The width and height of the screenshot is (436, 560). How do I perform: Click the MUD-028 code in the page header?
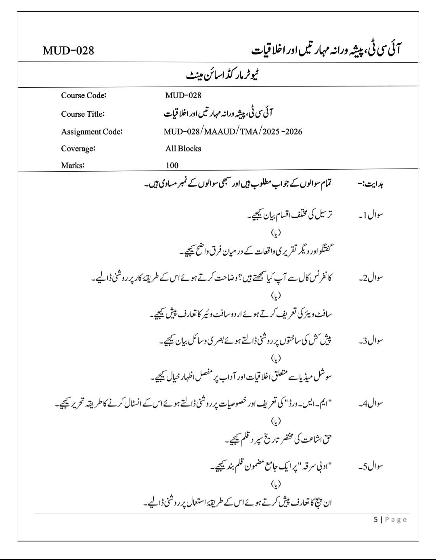point(68,51)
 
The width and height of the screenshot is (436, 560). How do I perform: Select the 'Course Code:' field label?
point(84,95)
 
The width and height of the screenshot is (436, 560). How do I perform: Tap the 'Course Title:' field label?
point(83,114)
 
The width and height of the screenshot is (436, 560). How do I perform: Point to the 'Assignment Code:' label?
point(92,131)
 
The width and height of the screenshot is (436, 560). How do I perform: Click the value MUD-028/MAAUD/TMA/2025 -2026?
point(233,131)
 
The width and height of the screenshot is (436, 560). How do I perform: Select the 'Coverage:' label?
point(78,148)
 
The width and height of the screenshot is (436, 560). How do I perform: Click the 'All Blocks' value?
point(183,148)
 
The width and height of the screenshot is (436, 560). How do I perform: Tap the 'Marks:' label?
point(73,165)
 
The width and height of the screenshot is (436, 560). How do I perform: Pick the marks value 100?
point(172,165)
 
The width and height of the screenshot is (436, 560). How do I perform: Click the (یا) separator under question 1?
point(276,233)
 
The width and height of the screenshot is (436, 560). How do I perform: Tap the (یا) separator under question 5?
point(276,484)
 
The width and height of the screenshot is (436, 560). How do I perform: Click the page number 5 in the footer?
point(376,520)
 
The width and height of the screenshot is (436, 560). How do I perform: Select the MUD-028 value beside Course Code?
point(183,95)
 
